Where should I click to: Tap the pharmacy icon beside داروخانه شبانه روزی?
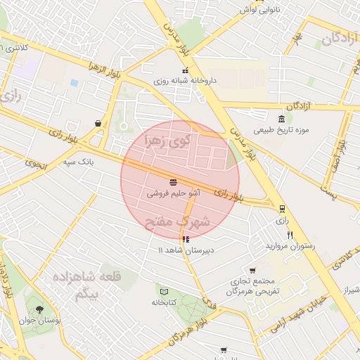tap(185, 70)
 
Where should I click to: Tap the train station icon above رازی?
tap(282, 209)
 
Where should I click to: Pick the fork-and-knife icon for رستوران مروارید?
tap(290, 235)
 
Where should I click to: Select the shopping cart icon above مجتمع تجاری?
tap(252, 270)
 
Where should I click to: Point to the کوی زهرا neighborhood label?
tap(167, 141)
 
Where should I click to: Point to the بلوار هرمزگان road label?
tap(186, 330)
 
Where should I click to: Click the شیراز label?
tap(349, 290)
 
